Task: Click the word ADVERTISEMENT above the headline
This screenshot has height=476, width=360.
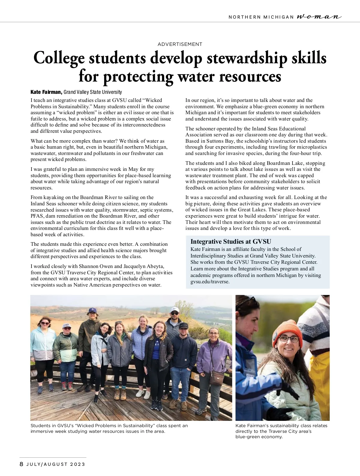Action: tap(180, 44)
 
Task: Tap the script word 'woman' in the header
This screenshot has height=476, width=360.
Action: tap(319, 17)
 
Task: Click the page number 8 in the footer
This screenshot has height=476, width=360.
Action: tap(21, 464)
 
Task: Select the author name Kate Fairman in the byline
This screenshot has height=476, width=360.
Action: tap(46, 92)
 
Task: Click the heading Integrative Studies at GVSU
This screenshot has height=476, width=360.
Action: tap(231, 242)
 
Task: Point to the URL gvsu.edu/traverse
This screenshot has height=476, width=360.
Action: tap(210, 282)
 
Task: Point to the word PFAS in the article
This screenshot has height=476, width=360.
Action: tap(37, 216)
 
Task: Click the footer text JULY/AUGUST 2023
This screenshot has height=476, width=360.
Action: tap(56, 464)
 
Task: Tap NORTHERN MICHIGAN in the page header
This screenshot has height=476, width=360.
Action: tap(261, 17)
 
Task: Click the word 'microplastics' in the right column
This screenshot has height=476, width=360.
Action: tap(312, 147)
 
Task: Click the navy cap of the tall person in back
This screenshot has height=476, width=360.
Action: tap(92, 310)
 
